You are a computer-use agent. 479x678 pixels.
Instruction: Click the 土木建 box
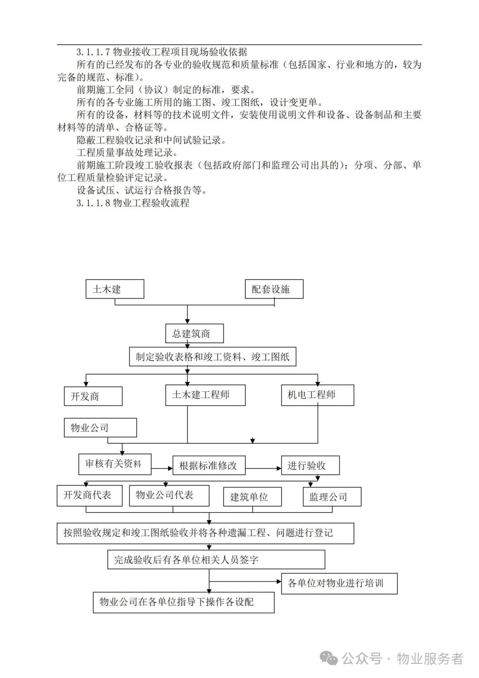click(115, 289)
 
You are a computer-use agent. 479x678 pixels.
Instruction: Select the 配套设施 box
click(274, 289)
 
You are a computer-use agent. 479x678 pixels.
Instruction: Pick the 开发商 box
click(93, 396)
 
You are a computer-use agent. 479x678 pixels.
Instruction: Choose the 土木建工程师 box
click(205, 395)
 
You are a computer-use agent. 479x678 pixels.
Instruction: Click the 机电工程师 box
click(318, 395)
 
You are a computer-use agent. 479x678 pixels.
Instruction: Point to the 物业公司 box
click(100, 428)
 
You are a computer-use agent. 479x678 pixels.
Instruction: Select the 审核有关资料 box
click(115, 464)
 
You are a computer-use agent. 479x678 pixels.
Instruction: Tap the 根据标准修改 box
click(209, 465)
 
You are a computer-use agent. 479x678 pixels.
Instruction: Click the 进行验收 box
click(310, 465)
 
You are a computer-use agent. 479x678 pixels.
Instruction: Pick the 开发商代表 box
click(90, 495)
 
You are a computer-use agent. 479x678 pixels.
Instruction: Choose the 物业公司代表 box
click(169, 495)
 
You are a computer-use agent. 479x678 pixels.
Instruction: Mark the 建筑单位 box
click(252, 497)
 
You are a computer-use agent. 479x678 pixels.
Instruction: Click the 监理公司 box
click(332, 497)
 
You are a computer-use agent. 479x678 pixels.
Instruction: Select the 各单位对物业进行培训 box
click(339, 583)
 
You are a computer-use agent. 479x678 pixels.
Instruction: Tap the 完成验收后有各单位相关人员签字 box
click(216, 560)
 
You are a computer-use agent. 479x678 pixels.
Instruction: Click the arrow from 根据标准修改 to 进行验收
click(263, 468)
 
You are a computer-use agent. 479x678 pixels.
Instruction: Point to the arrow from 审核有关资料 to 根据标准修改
click(162, 468)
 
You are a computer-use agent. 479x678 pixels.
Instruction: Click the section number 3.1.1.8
click(93, 203)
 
